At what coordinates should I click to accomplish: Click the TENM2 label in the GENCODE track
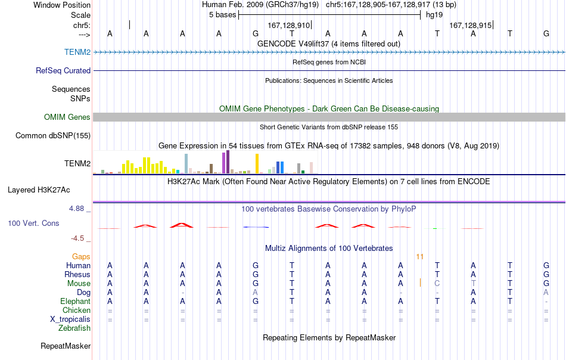[77, 52]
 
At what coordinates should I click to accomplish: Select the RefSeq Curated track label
[63, 70]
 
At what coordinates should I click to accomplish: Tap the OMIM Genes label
[67, 117]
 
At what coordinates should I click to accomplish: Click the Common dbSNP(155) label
[53, 135]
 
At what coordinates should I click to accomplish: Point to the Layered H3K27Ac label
[39, 190]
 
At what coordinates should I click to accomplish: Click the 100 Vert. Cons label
[33, 223]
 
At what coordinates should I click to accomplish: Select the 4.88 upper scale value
[76, 209]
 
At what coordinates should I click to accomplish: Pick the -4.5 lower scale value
[77, 238]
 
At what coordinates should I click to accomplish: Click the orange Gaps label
[81, 256]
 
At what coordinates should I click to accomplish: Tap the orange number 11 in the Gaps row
[419, 257]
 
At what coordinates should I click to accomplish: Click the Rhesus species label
[77, 274]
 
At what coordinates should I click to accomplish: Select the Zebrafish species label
[74, 328]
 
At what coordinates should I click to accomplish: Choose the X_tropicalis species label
[70, 319]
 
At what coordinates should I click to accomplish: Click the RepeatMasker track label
[66, 346]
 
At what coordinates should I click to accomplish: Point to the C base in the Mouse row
[437, 284]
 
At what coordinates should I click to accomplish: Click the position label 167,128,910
[289, 25]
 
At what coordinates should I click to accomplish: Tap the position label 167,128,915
[470, 25]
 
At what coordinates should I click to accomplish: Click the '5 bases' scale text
[222, 15]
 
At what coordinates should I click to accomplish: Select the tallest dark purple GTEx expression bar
[228, 162]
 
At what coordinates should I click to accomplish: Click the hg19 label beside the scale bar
[434, 15]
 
